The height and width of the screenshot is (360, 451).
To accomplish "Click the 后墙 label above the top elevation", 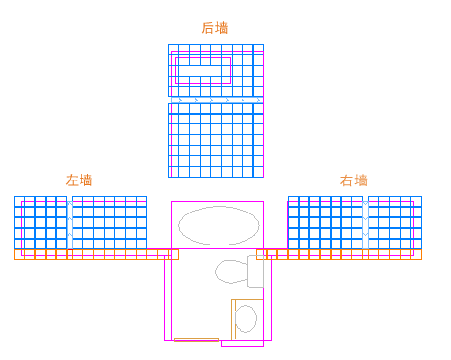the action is pos(214,28).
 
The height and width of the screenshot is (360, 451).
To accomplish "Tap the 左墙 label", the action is pos(79,180).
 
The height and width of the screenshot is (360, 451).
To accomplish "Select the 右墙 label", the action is pos(354,180).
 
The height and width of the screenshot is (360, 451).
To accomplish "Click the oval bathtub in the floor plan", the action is pos(219,225).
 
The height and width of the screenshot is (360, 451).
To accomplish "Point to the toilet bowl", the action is pos(231,271).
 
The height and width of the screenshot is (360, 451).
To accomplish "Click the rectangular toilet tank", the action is pos(255,272).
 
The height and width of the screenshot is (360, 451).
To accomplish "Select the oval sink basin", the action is pos(246,317).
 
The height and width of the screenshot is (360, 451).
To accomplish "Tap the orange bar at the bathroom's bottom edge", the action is pos(196,339).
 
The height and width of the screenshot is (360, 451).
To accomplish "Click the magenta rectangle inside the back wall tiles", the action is pos(202,71).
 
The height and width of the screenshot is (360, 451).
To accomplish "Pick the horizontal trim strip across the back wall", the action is pos(215,99).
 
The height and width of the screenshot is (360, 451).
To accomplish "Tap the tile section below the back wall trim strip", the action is pos(215,140).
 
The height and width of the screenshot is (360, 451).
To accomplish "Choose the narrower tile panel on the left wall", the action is pos(40,222).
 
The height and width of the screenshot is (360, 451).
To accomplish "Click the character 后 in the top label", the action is pos(208,28).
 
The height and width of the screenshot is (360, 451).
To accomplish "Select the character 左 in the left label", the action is pos(72,180).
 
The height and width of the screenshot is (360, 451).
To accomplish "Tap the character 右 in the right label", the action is pos(347,180).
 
